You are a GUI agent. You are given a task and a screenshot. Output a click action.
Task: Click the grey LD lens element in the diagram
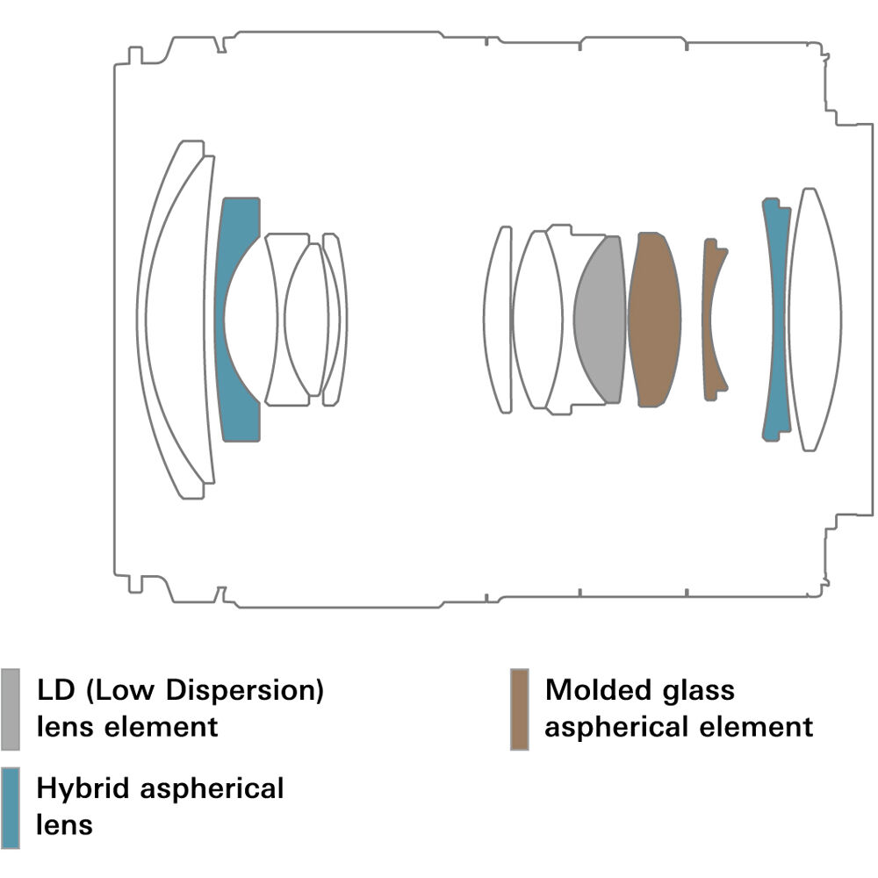coord(601,320)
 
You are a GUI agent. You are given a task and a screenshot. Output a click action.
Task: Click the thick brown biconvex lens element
coord(654,320)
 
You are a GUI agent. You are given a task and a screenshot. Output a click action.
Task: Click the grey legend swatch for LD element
coord(10,709)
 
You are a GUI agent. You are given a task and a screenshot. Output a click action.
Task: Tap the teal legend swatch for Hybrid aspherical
coord(10,808)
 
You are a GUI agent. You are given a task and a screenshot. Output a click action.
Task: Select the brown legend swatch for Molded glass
coord(520,709)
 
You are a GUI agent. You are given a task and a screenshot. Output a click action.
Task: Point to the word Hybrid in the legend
coord(83,788)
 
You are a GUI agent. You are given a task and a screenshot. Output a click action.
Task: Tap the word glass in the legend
coord(698,691)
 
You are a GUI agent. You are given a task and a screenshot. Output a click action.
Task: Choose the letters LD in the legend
coord(55,690)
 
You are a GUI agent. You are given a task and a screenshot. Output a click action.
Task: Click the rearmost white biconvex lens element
coord(815,320)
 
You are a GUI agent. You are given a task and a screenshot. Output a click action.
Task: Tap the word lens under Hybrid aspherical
coord(64,825)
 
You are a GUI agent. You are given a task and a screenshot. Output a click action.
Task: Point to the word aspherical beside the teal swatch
coord(212,789)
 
